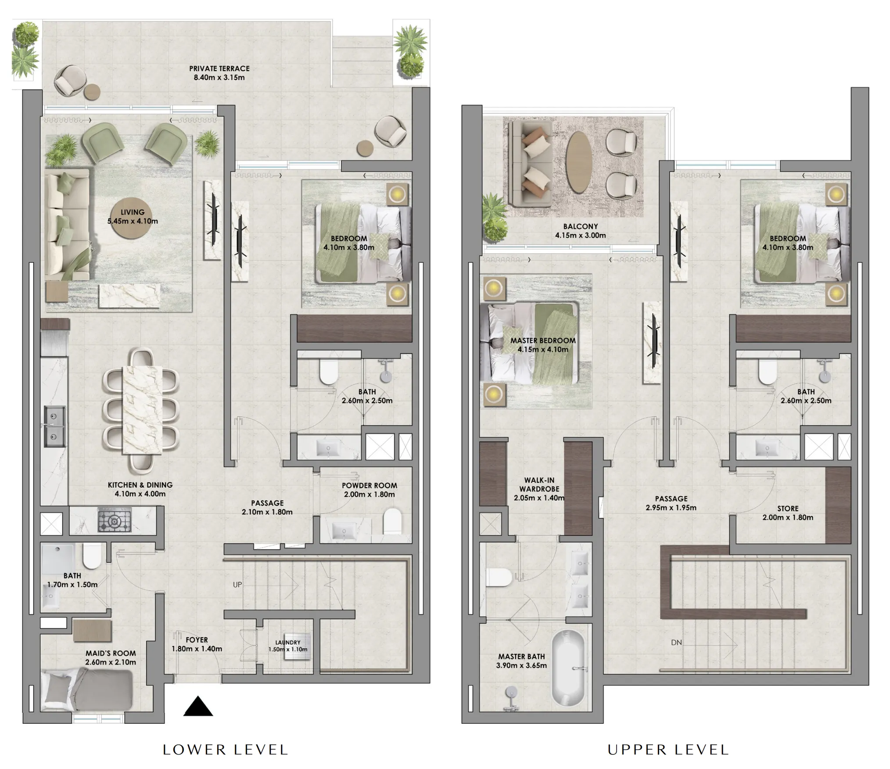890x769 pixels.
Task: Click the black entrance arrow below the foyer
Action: tap(198, 707)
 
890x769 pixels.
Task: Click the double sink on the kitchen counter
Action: tap(54, 426)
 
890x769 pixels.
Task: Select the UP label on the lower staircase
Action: tap(237, 585)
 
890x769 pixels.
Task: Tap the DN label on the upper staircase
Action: tap(676, 643)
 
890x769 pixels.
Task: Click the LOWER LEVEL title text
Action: tap(225, 749)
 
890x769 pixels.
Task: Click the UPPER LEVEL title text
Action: tap(668, 749)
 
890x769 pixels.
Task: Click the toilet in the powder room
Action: tap(392, 521)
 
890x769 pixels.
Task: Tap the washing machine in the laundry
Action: tap(298, 646)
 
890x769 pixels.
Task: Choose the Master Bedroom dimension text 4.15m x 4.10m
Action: tap(542, 350)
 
